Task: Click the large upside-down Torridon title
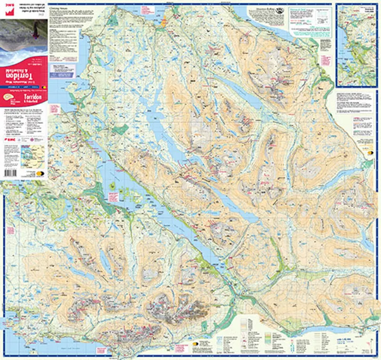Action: point(24,72)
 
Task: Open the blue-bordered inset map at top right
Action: point(355,45)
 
